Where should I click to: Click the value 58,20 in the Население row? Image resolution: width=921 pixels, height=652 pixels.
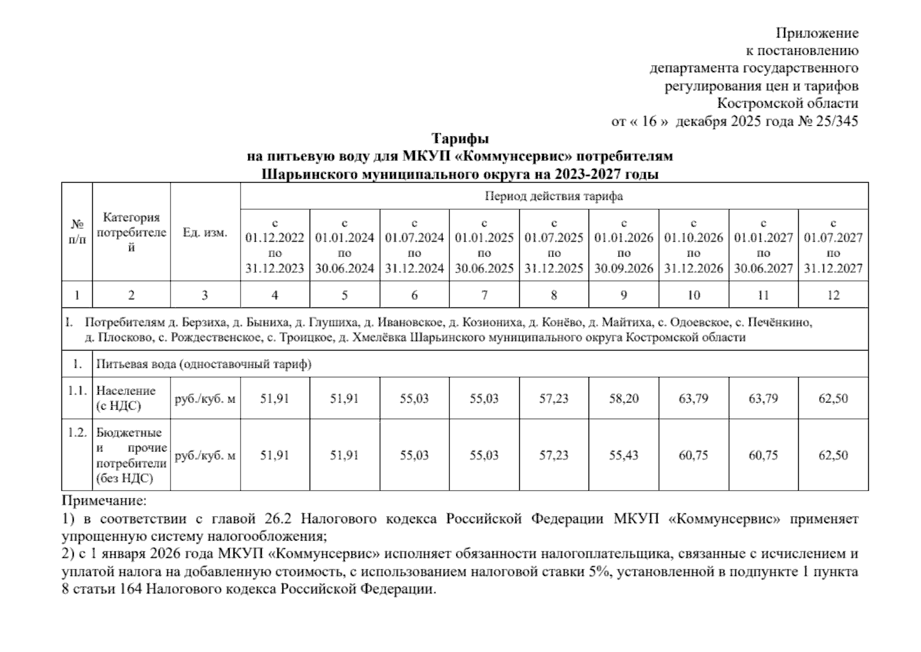(x=623, y=398)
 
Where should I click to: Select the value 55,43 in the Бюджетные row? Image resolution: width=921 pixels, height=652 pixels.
(x=623, y=455)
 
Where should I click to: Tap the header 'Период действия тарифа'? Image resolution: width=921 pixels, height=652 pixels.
(x=553, y=196)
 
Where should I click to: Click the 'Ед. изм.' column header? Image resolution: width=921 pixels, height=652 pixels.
(x=205, y=233)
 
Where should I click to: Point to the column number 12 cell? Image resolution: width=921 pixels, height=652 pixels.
(x=833, y=295)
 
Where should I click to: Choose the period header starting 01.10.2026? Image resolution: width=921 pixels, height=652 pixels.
(x=693, y=245)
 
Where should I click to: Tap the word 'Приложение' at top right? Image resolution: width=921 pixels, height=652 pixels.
(x=817, y=33)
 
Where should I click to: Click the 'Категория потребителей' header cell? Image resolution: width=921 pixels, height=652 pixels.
(x=131, y=233)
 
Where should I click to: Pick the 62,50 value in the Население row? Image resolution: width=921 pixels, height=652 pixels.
(x=833, y=398)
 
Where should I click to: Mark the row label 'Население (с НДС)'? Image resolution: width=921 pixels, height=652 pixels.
(x=126, y=398)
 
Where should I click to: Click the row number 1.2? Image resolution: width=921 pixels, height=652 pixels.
(x=77, y=433)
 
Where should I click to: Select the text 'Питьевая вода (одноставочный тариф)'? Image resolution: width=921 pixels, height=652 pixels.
(x=204, y=364)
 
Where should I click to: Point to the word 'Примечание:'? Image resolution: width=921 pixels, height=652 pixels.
(x=104, y=500)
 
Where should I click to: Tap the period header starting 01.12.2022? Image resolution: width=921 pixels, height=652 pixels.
(x=275, y=245)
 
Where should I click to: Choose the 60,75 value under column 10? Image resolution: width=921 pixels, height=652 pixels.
(x=693, y=455)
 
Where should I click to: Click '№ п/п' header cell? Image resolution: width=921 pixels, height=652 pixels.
(x=77, y=232)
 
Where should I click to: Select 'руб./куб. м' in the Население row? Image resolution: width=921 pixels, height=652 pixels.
(x=205, y=398)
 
